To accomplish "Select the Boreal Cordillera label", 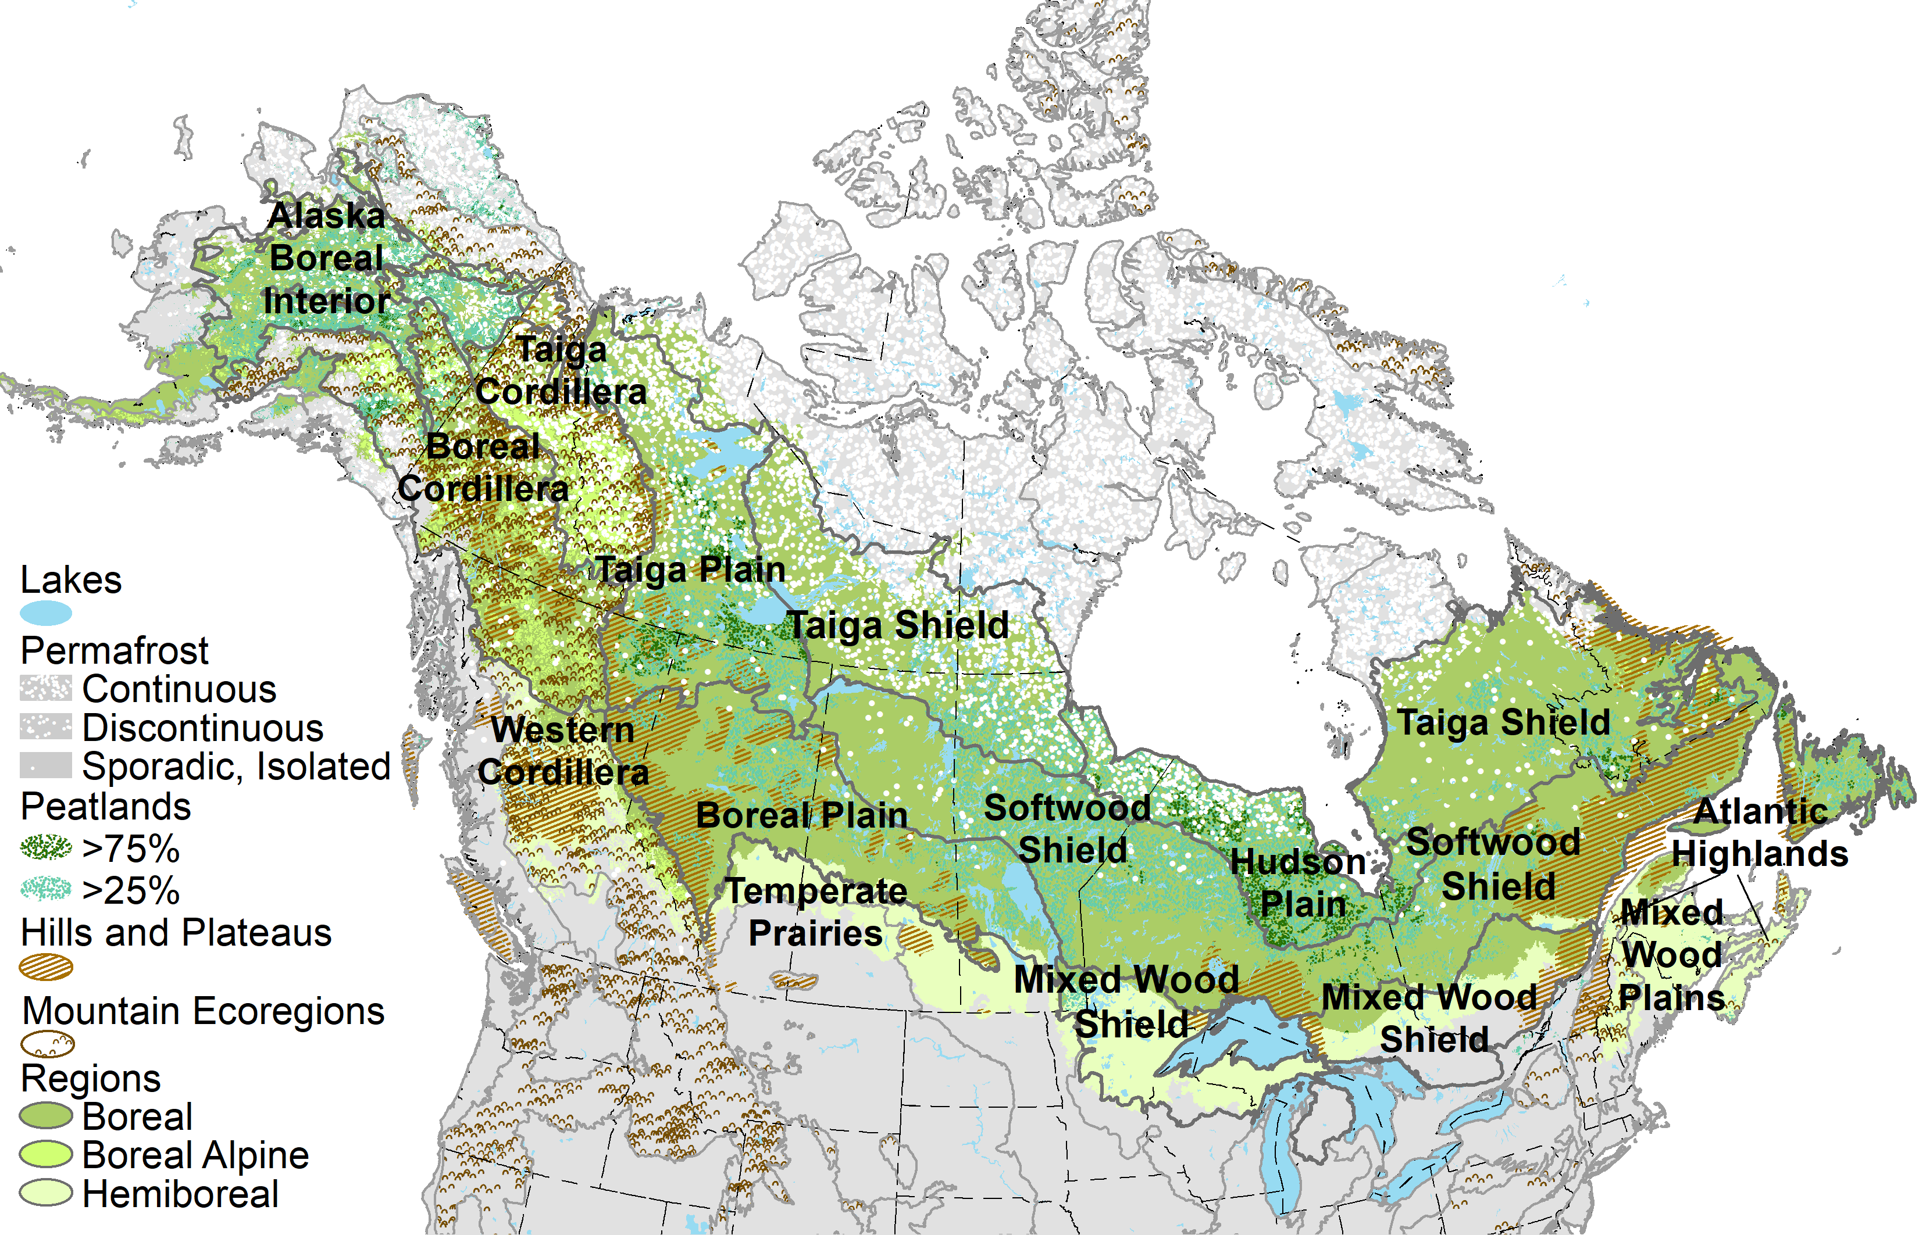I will (x=483, y=467).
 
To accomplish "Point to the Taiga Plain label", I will (x=690, y=570).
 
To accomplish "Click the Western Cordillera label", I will (x=562, y=751).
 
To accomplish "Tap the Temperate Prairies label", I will (x=816, y=912).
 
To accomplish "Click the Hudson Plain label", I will (x=1300, y=882).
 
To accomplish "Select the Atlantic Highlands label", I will (x=1760, y=832).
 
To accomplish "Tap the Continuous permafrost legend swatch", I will (x=46, y=688).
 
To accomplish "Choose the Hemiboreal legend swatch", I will (x=46, y=1193).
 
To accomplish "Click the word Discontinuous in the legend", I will (x=203, y=728).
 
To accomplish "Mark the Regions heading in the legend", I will (x=91, y=1079).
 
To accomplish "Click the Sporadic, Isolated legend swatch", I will (x=46, y=765).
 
